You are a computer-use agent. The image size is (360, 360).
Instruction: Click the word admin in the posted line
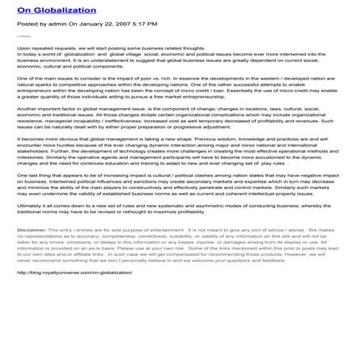click(57, 24)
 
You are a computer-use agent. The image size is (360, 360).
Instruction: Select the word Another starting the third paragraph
click(29, 115)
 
